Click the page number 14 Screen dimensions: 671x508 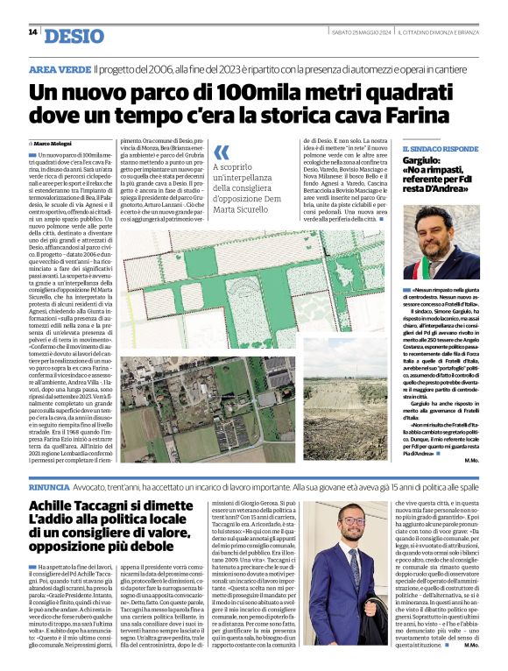pos(32,32)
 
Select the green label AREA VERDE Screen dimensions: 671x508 pos(59,68)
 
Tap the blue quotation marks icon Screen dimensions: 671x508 pos(222,152)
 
